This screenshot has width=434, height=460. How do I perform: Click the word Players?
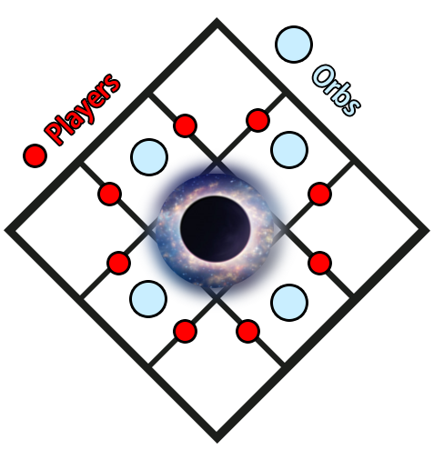(82, 109)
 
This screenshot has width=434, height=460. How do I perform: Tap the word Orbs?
(337, 90)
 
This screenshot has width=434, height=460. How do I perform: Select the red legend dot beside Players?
(35, 155)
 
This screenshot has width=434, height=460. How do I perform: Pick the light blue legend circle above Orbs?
(294, 45)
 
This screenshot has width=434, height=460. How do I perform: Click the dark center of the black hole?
(216, 229)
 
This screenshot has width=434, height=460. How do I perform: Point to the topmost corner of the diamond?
(217, 19)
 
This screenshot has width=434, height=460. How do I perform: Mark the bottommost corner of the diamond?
(217, 443)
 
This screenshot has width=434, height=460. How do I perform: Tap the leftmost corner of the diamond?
(5, 230)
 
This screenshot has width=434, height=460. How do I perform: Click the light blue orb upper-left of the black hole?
(149, 157)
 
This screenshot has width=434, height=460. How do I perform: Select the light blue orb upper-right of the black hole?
(289, 150)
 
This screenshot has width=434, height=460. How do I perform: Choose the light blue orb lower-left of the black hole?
(148, 299)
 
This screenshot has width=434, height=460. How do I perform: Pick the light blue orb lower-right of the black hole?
(289, 303)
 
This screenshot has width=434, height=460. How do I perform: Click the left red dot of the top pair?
(185, 125)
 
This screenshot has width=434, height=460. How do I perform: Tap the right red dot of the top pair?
(258, 120)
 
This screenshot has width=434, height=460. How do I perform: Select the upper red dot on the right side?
(319, 194)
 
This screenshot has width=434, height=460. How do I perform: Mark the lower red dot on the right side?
(319, 263)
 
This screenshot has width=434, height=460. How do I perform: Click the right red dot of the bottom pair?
(247, 331)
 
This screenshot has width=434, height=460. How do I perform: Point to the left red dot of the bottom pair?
(185, 331)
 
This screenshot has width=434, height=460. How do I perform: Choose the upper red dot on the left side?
(109, 194)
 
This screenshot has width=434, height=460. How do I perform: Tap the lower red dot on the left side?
(119, 263)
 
